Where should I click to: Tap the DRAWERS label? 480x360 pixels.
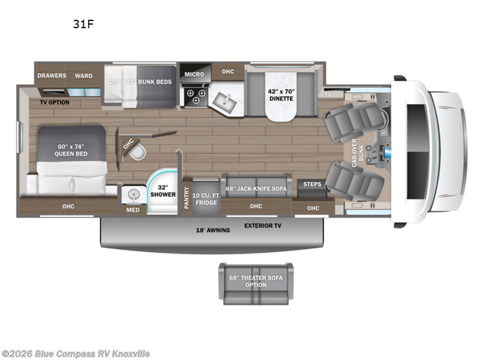tap(52, 76)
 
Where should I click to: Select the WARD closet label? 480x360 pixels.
tap(83, 76)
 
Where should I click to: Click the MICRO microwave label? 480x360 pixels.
tap(194, 74)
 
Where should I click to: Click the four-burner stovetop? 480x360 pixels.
tap(195, 96)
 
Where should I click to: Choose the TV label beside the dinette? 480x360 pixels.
tap(328, 95)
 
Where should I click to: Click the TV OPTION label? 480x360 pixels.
tap(55, 103)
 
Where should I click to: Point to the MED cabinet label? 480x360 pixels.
tap(132, 211)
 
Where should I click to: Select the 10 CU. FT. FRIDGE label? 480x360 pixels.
tap(206, 199)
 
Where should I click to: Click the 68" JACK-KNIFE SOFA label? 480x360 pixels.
tap(256, 188)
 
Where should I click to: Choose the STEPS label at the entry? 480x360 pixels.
tap(311, 184)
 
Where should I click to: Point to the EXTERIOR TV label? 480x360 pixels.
tap(263, 226)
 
